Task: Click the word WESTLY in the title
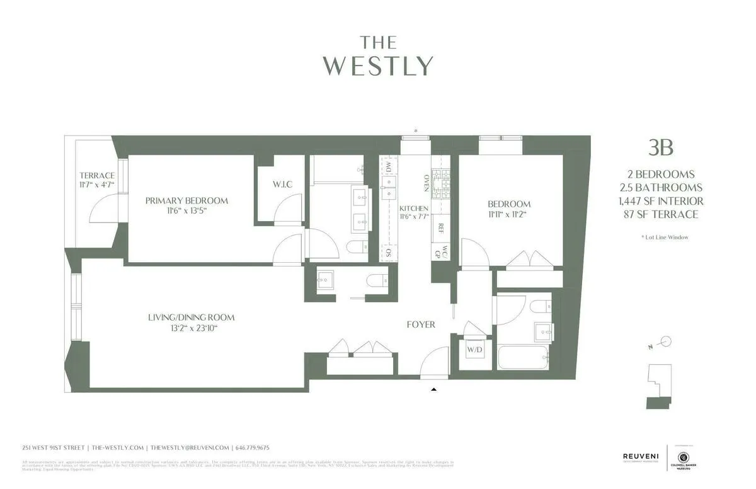click(378, 66)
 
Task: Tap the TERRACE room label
click(97, 175)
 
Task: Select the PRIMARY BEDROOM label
click(186, 200)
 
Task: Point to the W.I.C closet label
click(282, 184)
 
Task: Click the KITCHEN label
click(414, 209)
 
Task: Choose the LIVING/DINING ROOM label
click(191, 318)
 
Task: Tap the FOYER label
click(421, 325)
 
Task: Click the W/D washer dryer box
click(474, 350)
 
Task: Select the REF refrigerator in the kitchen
click(441, 229)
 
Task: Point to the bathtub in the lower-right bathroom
click(523, 357)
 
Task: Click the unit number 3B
click(661, 148)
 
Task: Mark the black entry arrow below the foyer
click(433, 390)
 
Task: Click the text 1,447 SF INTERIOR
click(661, 201)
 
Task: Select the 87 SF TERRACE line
click(661, 214)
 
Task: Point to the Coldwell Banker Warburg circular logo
click(682, 457)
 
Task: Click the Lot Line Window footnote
click(663, 238)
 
